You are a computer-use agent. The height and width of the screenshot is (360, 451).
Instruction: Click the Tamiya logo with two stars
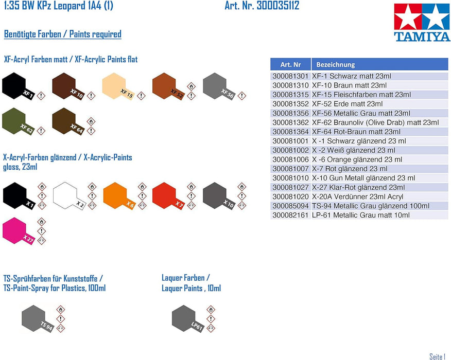422,23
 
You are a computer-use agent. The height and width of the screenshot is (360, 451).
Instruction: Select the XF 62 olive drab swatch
18,121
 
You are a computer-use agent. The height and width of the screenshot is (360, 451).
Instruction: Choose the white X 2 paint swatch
69,196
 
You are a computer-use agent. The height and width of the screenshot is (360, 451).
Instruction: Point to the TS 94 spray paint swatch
38,319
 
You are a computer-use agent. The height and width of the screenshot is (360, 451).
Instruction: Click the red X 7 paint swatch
168,196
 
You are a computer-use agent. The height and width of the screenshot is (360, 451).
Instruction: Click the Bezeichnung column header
379,64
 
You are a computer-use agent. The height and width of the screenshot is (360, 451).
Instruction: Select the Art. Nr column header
290,64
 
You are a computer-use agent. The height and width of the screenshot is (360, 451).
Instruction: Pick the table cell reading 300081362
290,122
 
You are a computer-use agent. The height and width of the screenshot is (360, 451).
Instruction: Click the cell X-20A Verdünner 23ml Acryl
357,196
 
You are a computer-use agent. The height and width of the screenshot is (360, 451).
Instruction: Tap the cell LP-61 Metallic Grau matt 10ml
361,215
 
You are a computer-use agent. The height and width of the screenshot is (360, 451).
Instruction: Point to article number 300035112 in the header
278,6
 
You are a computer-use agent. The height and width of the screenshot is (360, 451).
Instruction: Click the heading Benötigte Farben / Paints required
63,34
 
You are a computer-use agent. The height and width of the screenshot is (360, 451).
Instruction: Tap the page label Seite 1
437,356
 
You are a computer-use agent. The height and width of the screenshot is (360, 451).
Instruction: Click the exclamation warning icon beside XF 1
41,96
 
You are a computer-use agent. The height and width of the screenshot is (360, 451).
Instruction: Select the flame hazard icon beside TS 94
60,310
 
